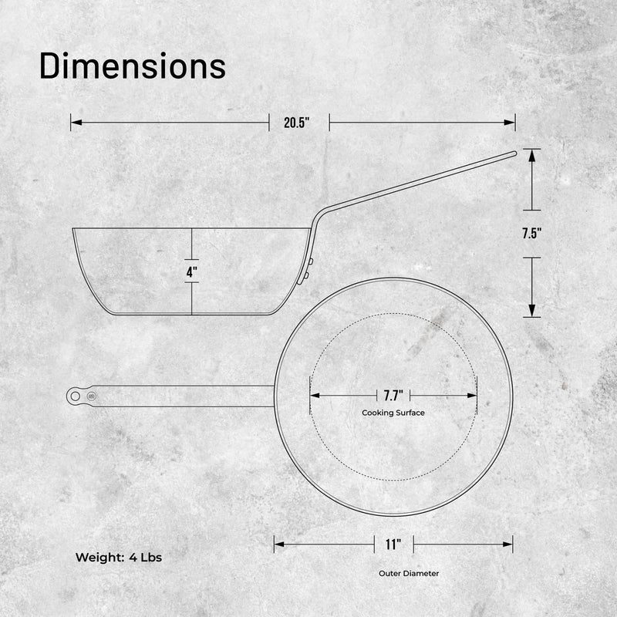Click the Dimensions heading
click(x=132, y=66)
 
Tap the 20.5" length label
click(x=296, y=123)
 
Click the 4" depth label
click(x=191, y=271)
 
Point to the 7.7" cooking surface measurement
click(x=393, y=396)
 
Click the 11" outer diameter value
click(x=393, y=545)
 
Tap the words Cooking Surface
click(x=393, y=413)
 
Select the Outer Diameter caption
click(x=409, y=574)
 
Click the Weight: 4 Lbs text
click(x=118, y=557)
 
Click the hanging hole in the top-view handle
click(x=76, y=396)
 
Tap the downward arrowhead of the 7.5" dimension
click(x=531, y=311)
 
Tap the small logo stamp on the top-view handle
click(x=92, y=396)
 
